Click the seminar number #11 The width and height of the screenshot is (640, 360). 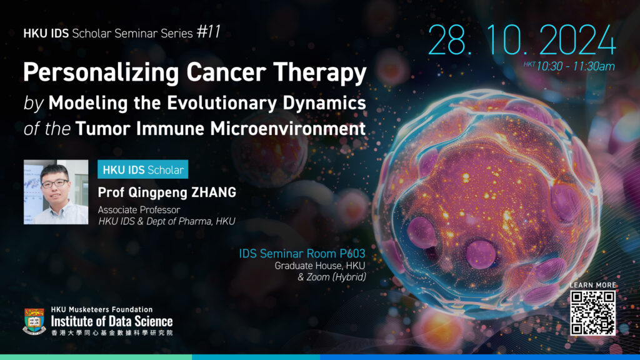pyautogui.click(x=209, y=32)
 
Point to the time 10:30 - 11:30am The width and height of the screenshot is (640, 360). pyautogui.click(x=576, y=66)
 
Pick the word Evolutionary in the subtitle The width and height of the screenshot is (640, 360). pyautogui.click(x=222, y=103)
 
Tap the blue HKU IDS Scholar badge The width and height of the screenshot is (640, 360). pyautogui.click(x=143, y=169)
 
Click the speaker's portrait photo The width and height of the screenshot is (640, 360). pyautogui.click(x=56, y=192)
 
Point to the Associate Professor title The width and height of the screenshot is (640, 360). pyautogui.click(x=139, y=210)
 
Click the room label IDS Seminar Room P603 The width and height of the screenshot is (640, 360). pyautogui.click(x=302, y=254)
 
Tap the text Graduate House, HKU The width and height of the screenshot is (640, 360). pyautogui.click(x=320, y=266)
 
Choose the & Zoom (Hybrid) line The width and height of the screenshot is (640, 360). pyautogui.click(x=332, y=277)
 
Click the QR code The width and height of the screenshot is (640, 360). pyautogui.click(x=592, y=313)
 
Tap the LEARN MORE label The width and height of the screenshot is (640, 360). pyautogui.click(x=592, y=285)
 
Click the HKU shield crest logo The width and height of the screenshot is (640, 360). pyautogui.click(x=34, y=322)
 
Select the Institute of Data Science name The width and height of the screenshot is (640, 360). pyautogui.click(x=112, y=321)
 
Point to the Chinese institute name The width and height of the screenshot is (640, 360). pyautogui.click(x=112, y=332)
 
